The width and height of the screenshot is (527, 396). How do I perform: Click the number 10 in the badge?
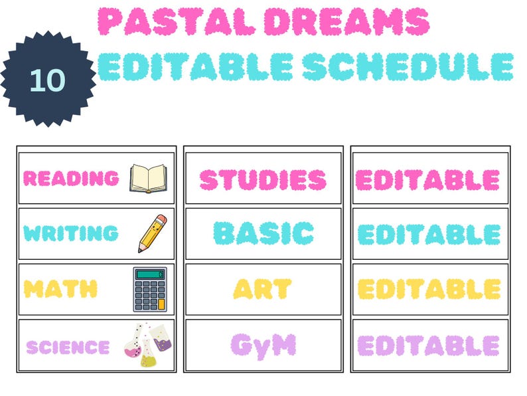(46, 80)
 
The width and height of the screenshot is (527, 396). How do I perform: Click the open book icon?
(148, 178)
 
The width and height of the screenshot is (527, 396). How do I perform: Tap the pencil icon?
(152, 233)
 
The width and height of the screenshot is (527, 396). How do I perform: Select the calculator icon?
(150, 290)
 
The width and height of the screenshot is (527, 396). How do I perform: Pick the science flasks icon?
(147, 345)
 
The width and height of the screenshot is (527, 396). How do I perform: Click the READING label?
(71, 178)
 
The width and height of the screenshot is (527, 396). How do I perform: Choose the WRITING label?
(71, 233)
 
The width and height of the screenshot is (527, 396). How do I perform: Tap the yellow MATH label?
(60, 289)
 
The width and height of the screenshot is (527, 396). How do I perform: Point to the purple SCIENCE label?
(68, 347)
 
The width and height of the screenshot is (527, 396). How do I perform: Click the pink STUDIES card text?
(263, 179)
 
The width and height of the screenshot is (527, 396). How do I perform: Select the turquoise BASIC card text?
(263, 233)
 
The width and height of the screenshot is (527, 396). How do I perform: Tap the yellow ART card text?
(263, 288)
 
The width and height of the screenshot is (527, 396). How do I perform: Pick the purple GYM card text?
(263, 345)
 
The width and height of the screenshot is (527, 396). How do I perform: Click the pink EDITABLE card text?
(428, 179)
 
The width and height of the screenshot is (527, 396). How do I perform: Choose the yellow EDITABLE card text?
(429, 289)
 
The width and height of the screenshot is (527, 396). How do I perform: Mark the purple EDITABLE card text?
(428, 346)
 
